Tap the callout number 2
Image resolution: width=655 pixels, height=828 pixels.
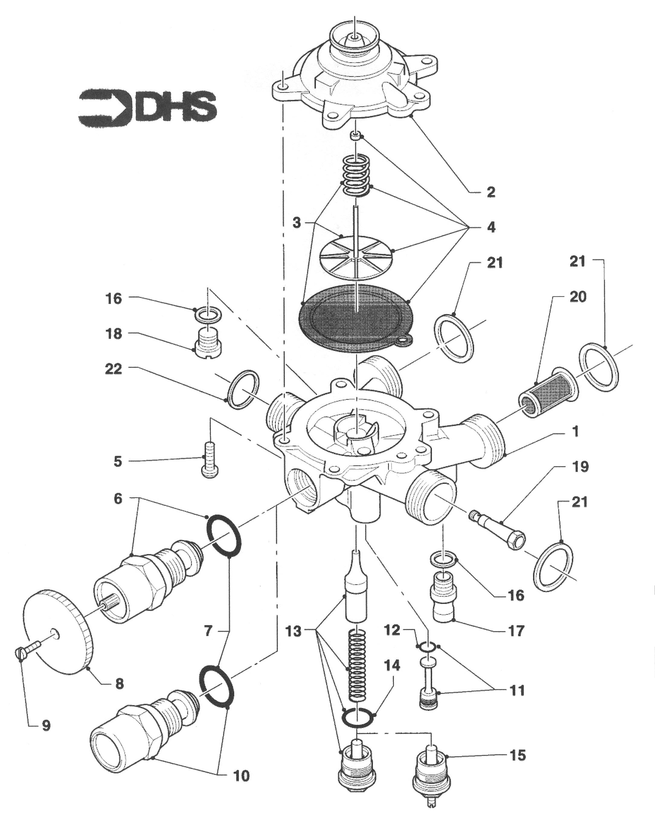[491, 192]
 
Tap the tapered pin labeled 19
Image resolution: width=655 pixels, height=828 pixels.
[497, 530]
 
